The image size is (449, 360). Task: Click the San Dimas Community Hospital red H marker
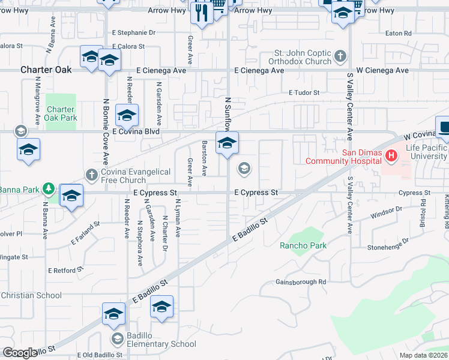click(391, 157)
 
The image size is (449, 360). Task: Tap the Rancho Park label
click(303, 245)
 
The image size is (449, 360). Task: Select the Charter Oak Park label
click(61, 113)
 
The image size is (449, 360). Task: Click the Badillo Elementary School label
click(161, 344)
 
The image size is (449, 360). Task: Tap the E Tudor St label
click(304, 92)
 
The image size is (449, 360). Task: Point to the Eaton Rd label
click(399, 33)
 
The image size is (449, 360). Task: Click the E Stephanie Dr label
click(133, 33)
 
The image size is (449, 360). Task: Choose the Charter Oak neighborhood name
click(46, 70)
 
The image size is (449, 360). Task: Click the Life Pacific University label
click(426, 152)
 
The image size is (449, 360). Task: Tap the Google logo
click(20, 353)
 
